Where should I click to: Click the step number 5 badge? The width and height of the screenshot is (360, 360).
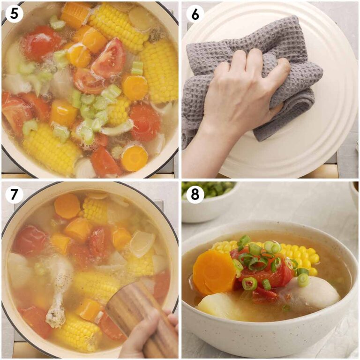click(15, 15)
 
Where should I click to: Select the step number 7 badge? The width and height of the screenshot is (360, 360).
click(15, 194)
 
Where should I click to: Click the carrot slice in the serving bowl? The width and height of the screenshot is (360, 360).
click(214, 272)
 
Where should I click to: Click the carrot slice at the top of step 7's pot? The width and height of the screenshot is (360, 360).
click(67, 206)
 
